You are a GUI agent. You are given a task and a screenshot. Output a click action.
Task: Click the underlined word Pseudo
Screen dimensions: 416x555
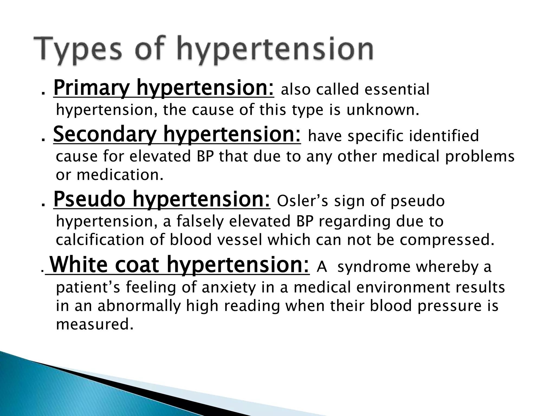pyautogui.click(x=89, y=200)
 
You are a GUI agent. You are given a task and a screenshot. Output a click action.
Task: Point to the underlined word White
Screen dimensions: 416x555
pyautogui.click(x=79, y=265)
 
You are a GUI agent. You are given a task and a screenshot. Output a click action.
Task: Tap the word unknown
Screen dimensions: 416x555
pyautogui.click(x=382, y=110)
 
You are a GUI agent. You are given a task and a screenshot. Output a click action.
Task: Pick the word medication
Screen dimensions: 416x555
pyautogui.click(x=120, y=175)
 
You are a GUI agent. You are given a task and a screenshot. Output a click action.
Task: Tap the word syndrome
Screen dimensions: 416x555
pyautogui.click(x=374, y=267)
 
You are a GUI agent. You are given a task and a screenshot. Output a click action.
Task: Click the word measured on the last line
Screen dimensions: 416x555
pyautogui.click(x=95, y=324)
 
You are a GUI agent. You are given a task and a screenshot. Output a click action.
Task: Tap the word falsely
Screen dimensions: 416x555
pyautogui.click(x=201, y=221)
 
